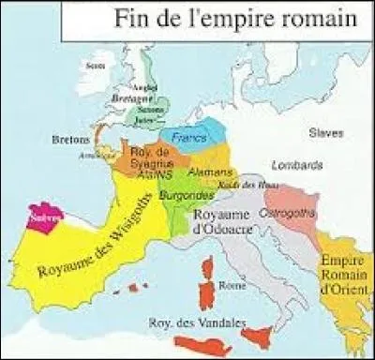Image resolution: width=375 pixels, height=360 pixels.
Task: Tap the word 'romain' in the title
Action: point(319,18)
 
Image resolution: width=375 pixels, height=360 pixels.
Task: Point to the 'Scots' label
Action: point(93,66)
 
